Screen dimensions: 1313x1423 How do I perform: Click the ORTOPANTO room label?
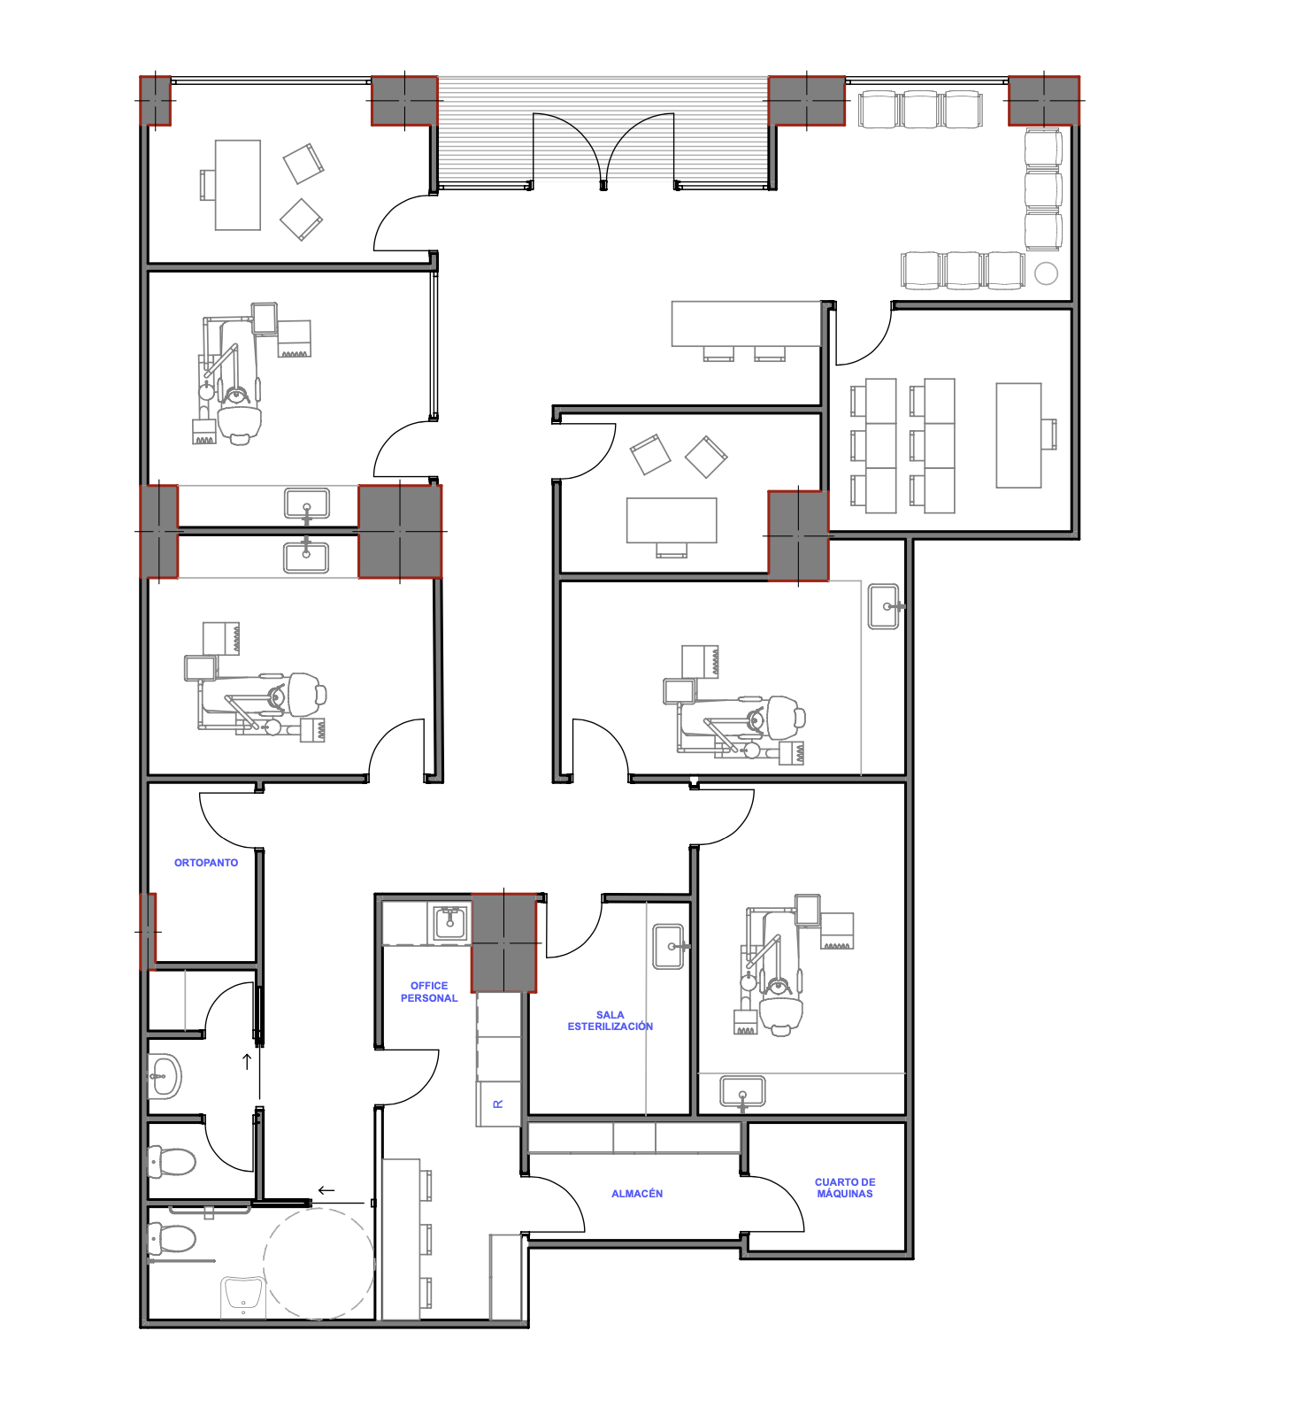click(x=206, y=863)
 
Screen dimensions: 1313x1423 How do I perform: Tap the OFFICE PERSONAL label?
click(x=429, y=992)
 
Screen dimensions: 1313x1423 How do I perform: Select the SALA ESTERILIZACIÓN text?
click(x=610, y=1021)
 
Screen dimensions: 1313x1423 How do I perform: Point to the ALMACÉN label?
click(x=637, y=1194)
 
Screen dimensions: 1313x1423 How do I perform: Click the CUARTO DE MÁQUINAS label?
click(x=845, y=1188)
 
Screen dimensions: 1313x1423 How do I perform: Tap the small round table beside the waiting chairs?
click(x=1046, y=273)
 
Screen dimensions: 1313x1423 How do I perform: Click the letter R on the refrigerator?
click(x=497, y=1104)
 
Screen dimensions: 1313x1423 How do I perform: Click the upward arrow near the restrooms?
click(x=248, y=1061)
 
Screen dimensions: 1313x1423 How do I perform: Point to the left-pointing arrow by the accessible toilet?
click(x=326, y=1190)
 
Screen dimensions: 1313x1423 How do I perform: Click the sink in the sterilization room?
click(x=669, y=947)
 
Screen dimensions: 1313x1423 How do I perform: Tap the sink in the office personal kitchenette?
click(x=449, y=923)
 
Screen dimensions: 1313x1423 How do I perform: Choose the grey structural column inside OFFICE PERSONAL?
click(x=503, y=943)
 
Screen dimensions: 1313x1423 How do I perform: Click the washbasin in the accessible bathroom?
click(x=243, y=1297)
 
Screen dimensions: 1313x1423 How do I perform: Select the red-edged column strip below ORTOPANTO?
click(x=148, y=932)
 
